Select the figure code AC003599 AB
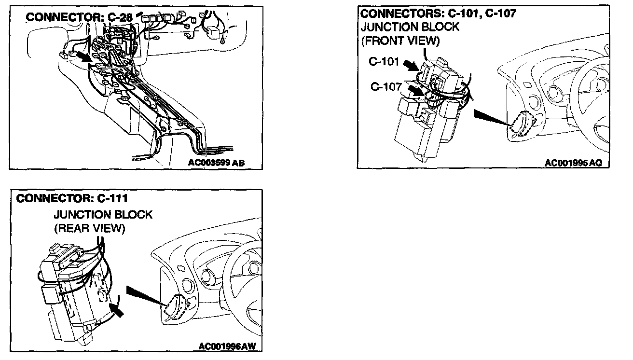217,163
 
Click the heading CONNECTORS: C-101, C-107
438,14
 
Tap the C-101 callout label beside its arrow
384,62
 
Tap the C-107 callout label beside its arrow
386,86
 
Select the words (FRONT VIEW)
400,41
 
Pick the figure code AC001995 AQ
573,163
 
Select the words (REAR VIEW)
89,228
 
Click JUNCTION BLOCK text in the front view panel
410,28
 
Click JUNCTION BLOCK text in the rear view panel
103,214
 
